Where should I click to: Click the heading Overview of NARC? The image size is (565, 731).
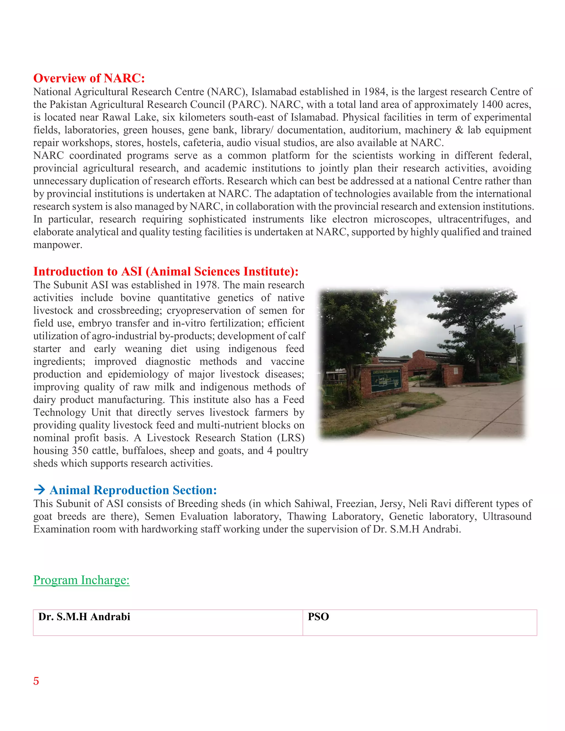coord(89,78)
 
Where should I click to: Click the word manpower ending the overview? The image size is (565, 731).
coord(58,245)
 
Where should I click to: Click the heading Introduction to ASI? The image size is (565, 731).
coord(166,271)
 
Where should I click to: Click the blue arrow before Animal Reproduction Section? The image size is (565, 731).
coord(39,490)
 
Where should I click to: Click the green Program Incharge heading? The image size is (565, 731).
coord(81,580)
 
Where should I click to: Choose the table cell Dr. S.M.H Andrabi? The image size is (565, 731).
coord(84,617)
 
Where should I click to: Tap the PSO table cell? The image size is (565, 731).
coord(318,617)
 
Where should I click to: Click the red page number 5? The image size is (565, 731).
coord(36,681)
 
